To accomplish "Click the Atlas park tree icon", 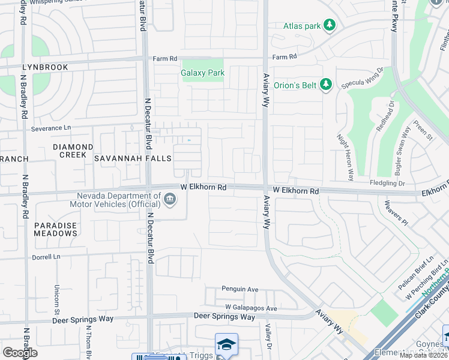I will click(329, 25).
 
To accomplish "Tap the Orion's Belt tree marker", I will click(326, 85).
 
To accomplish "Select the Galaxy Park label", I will click(203, 73).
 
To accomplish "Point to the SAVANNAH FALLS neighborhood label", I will click(133, 158).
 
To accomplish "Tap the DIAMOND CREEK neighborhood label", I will click(73, 151).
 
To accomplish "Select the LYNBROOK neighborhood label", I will click(45, 67).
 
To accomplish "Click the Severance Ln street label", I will click(51, 128).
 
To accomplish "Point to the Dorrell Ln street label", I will click(47, 257).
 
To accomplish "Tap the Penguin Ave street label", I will click(240, 289).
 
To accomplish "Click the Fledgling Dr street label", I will click(388, 183).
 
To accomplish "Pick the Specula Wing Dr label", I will click(363, 81).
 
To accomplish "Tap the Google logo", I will click(20, 353).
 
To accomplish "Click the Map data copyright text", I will click(423, 355).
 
